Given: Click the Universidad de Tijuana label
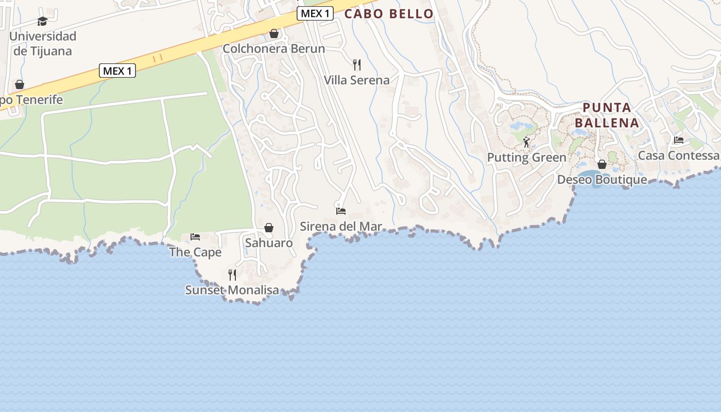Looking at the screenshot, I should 43,43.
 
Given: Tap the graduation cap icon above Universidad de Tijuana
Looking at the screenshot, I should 43,21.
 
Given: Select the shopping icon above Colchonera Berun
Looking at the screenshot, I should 274,33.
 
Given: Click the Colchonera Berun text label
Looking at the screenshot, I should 273,49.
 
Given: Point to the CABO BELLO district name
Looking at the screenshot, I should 389,14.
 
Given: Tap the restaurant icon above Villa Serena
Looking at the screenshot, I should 356,64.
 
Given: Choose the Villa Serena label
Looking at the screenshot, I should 356,80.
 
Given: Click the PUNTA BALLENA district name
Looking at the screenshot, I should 607,115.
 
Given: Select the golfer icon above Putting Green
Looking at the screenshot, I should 526,142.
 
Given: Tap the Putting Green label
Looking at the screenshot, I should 526,158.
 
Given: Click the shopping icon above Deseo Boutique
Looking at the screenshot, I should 602,164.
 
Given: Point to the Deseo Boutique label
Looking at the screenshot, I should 602,180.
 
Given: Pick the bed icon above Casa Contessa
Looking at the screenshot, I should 679,140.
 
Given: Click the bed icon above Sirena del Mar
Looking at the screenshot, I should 341,211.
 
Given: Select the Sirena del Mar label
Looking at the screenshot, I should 341,226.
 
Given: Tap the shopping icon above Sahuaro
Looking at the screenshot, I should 269,228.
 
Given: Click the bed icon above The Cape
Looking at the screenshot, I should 195,237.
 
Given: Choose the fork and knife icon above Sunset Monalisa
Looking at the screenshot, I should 232,274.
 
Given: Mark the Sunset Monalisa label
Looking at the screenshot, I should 232,290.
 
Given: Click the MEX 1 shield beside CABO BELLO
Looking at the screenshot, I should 315,14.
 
